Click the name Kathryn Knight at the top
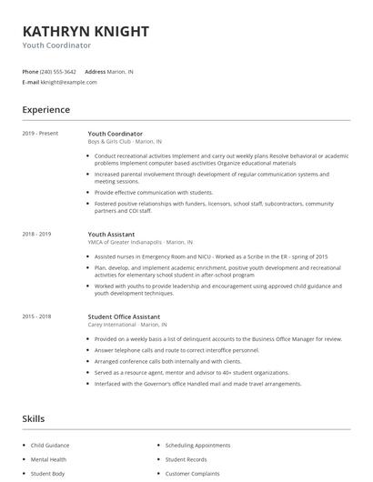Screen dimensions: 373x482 [86, 30]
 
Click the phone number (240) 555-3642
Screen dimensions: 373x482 [58, 71]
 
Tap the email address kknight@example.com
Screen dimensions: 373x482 [68, 82]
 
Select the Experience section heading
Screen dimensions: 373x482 [45, 110]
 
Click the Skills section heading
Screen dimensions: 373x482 [33, 418]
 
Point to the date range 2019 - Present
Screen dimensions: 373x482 [40, 134]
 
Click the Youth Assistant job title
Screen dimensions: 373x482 [111, 234]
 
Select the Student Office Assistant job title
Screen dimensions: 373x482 [125, 317]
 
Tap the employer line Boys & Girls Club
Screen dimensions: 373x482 [126, 142]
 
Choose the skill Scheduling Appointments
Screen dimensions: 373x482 [198, 446]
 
